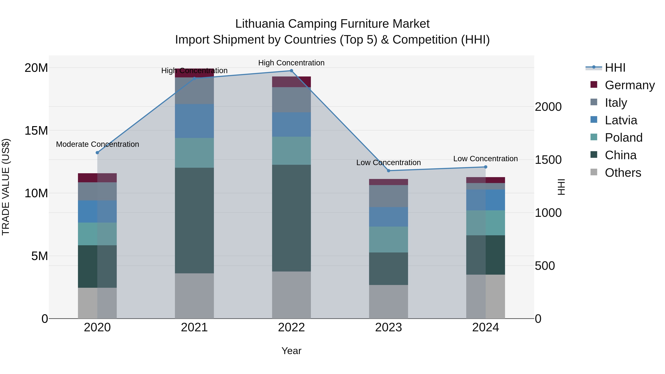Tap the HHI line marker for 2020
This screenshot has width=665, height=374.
[97, 153]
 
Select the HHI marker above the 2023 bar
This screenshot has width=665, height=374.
[388, 171]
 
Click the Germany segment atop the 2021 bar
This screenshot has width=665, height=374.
[194, 73]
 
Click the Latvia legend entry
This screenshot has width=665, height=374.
[621, 120]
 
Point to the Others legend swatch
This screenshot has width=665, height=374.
[594, 172]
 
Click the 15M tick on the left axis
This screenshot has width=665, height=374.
[36, 131]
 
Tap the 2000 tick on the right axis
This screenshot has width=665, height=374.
[548, 107]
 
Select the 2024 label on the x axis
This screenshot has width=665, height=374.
[485, 327]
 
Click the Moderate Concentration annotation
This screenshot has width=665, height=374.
[97, 144]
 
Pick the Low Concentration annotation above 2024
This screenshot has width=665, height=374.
[485, 159]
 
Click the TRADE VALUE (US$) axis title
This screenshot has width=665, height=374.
[6, 187]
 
